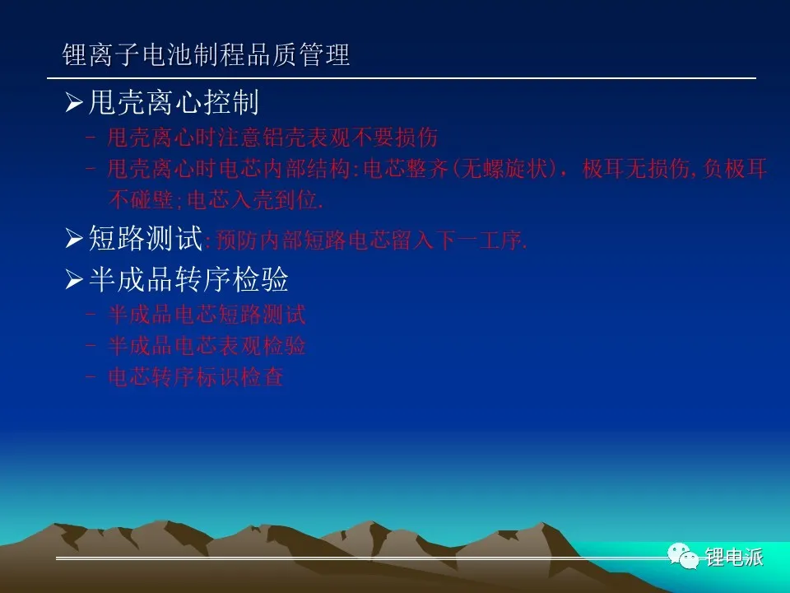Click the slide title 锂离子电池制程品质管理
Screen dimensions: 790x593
pos(206,54)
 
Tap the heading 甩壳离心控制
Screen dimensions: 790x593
pos(174,102)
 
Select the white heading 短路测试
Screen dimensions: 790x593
pos(145,238)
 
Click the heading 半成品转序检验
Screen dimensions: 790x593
pos(188,279)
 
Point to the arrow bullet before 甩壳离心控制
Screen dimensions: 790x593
pos(74,103)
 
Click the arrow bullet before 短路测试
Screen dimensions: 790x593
pos(74,238)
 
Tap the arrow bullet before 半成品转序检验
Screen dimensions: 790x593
pos(74,279)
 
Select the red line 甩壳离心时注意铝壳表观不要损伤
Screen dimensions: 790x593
pos(272,138)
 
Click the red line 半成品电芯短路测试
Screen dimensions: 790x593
pos(207,315)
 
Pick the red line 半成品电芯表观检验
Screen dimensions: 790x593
pos(207,346)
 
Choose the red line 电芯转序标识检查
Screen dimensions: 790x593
pos(196,376)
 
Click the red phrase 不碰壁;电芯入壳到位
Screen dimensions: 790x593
pos(216,199)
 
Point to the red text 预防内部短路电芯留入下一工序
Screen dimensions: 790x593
pos(371,240)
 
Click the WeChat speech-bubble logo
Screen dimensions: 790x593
pos(683,556)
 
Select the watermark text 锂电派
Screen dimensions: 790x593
pos(734,558)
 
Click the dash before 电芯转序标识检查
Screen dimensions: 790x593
pos(91,376)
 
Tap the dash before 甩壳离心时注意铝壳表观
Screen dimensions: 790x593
pos(91,137)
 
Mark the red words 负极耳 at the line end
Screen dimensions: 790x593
pos(735,168)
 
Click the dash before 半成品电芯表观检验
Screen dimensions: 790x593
pos(91,345)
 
